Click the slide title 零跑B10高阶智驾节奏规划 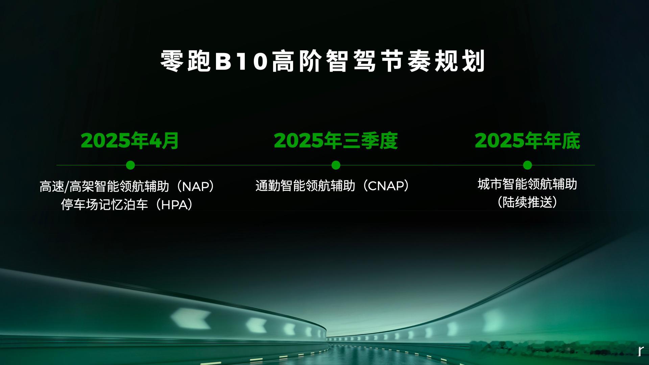323,61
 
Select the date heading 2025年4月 130,141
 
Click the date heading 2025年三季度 336,141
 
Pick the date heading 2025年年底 527,141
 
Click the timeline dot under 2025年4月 130,165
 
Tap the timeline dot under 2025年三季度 336,165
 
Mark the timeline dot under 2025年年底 527,165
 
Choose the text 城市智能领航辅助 527,184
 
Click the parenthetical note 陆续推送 527,202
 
